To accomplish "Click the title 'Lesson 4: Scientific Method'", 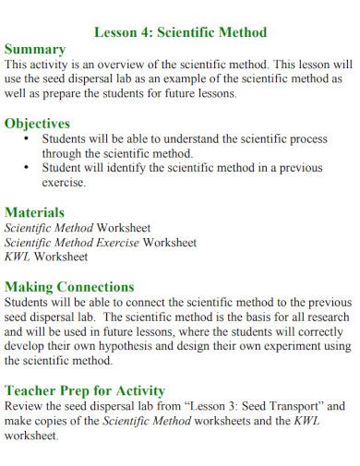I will (x=181, y=32).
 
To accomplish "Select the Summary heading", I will (x=35, y=49).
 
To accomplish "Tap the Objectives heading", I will (x=38, y=123).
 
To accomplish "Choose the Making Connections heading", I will (x=69, y=286).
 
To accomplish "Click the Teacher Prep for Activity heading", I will (x=85, y=389).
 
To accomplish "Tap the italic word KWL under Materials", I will (x=18, y=257).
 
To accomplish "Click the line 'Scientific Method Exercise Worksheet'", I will (x=101, y=242).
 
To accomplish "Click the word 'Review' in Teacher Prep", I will (x=26, y=405).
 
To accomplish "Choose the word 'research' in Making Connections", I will (x=329, y=317).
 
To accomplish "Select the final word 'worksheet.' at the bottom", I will (x=32, y=435).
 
